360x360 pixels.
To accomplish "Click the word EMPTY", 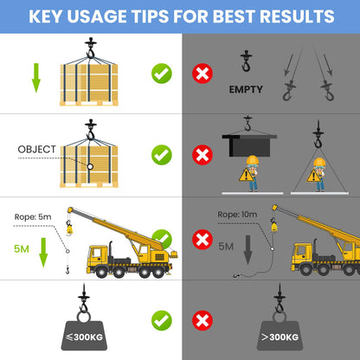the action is coord(246,89).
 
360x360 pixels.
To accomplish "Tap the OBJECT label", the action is coord(36,150).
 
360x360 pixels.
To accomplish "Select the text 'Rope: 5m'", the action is coord(33,217).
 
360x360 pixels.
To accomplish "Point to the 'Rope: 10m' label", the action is coord(237,215).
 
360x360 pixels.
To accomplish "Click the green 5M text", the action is coord(22,248).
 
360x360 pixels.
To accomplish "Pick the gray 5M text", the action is coord(226,247).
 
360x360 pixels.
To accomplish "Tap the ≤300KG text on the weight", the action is coord(84,337).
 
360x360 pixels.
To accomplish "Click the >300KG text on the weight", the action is coord(280,337).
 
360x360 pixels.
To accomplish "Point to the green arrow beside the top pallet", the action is coord(36,78).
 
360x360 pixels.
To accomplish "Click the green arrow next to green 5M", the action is coord(43,253).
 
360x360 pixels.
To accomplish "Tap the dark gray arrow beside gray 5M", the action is coord(247,250).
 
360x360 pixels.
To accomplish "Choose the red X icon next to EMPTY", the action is coord(202,74).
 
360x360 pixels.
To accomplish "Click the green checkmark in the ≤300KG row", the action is coord(162,320).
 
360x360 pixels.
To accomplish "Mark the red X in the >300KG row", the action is coord(202,320).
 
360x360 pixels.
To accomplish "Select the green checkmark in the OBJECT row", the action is coord(162,155).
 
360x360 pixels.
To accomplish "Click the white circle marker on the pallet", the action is coord(90,167).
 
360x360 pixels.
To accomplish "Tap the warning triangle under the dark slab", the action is coord(246,175).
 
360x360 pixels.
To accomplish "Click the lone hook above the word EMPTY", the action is coord(246,61).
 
